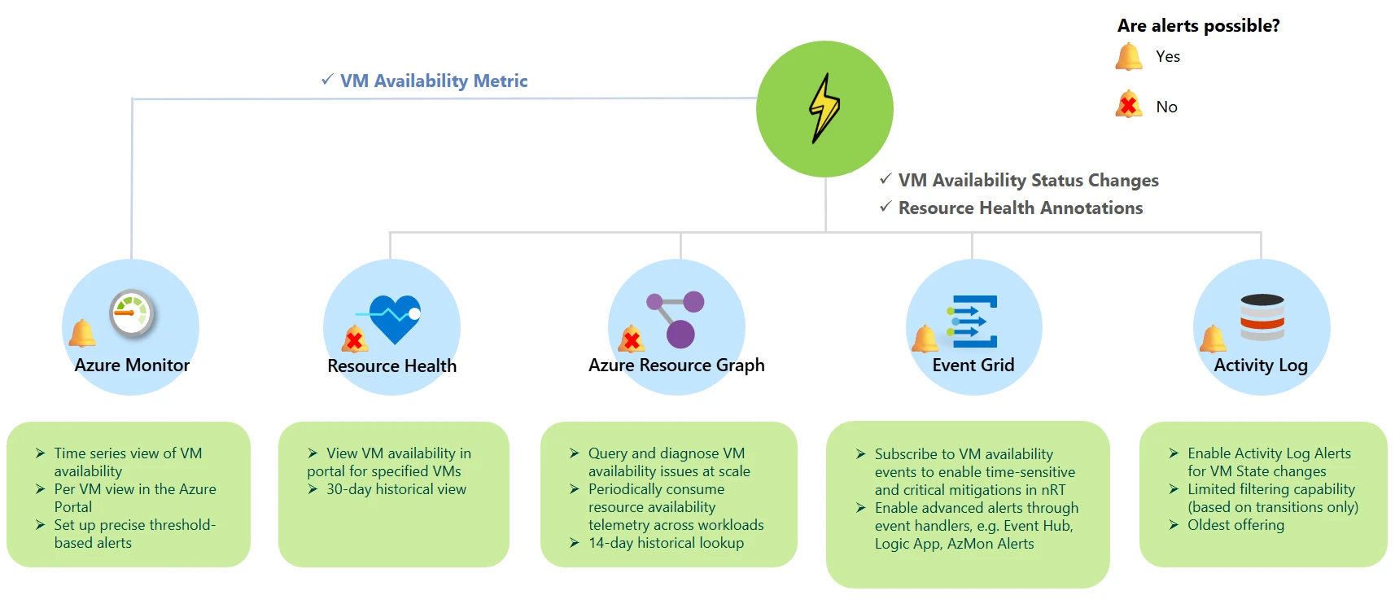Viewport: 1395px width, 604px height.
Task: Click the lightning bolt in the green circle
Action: click(824, 108)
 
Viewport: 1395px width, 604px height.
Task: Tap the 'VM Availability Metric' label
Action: click(433, 81)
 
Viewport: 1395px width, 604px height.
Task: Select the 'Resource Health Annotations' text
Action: click(1020, 208)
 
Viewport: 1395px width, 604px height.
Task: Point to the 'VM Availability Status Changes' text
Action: click(1028, 181)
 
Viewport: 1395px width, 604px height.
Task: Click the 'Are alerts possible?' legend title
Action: click(1198, 26)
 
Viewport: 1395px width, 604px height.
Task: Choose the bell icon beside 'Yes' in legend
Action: click(1129, 57)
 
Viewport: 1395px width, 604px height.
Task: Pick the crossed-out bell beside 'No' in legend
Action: click(1129, 105)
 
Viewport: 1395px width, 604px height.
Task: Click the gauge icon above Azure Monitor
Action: click(131, 313)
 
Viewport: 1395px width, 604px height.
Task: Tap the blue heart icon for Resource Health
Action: click(394, 317)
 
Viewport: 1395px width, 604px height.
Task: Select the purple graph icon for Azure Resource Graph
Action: click(676, 318)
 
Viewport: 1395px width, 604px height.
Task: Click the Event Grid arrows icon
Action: click(972, 322)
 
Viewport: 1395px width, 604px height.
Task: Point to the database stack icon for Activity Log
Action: click(1262, 317)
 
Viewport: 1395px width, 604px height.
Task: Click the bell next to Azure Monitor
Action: click(81, 333)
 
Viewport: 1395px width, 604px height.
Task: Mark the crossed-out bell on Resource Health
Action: click(355, 339)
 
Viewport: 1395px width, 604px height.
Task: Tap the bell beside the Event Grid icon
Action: click(925, 338)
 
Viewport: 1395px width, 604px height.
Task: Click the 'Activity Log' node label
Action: click(1260, 365)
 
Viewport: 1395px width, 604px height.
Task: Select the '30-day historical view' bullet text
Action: click(396, 489)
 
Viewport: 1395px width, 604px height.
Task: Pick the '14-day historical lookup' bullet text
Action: click(666, 543)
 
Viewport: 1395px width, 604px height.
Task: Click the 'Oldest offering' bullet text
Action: click(1235, 525)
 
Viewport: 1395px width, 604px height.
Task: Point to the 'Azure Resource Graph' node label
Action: click(676, 365)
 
